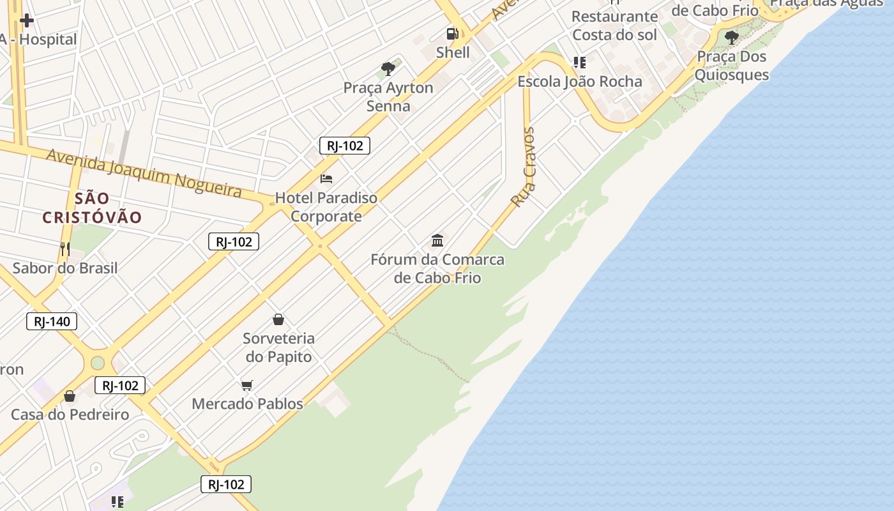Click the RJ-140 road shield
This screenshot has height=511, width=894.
(x=52, y=321)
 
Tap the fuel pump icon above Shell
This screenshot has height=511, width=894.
(x=452, y=34)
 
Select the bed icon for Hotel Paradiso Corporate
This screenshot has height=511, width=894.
(x=326, y=178)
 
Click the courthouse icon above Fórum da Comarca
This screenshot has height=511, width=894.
(x=437, y=241)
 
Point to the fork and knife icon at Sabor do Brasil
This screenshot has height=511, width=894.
(x=64, y=248)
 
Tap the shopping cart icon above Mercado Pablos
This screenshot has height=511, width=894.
(x=247, y=385)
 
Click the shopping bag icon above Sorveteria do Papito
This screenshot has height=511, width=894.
(x=278, y=319)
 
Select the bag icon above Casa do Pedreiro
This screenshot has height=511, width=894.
(x=70, y=396)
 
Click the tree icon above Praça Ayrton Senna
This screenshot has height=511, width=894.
(x=388, y=68)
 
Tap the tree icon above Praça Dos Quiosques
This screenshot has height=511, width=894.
(x=731, y=37)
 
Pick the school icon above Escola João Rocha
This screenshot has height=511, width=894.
(x=579, y=63)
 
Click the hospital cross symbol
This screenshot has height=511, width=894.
(x=27, y=20)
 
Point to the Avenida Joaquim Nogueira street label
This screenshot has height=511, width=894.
(x=144, y=172)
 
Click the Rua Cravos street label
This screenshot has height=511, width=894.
(x=524, y=167)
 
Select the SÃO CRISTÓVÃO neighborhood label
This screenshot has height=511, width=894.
(x=92, y=208)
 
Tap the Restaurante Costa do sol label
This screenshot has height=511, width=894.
(x=614, y=26)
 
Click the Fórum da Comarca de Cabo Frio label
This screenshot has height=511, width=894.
(x=437, y=269)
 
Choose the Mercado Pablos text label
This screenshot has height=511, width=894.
(x=247, y=404)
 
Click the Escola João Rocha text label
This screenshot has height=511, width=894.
(x=579, y=82)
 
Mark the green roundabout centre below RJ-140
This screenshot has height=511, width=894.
(x=97, y=363)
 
